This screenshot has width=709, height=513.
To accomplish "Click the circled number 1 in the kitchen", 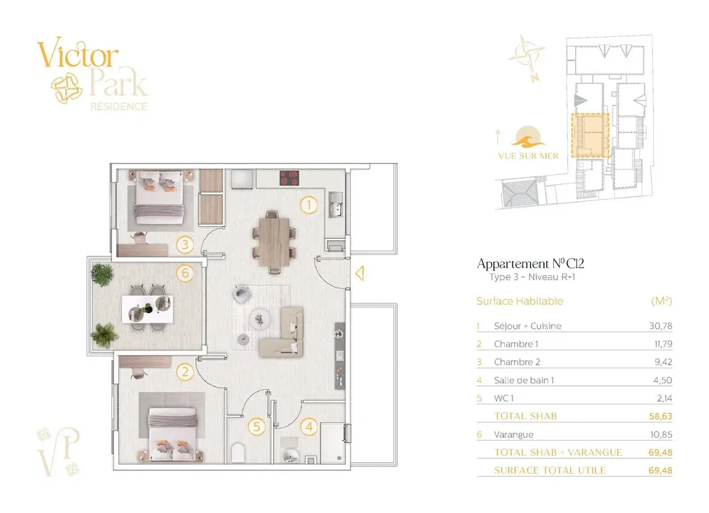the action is click(x=309, y=205).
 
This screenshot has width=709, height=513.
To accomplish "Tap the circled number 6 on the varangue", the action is click(x=185, y=273).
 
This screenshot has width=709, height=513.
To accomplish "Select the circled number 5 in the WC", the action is click(x=257, y=427).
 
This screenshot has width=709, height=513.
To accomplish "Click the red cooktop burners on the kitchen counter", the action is click(x=289, y=178).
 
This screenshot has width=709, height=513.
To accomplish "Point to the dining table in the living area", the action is click(x=274, y=242).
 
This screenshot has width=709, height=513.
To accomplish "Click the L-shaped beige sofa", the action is click(x=285, y=332).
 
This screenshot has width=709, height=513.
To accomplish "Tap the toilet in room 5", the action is click(x=238, y=453).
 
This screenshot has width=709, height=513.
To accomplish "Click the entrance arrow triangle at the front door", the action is click(x=360, y=274).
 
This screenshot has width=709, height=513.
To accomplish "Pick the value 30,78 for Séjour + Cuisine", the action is click(x=661, y=326).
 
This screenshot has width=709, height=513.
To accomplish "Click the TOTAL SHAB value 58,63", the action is click(x=661, y=416).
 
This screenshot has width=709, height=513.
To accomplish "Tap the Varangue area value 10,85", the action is click(x=661, y=434).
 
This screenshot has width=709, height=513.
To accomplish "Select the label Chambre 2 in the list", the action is click(x=517, y=362).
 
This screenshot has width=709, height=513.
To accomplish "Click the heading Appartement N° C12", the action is click(x=530, y=264).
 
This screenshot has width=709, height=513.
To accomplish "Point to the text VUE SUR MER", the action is click(x=528, y=156).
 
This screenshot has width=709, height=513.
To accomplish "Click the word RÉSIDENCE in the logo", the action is click(x=119, y=107).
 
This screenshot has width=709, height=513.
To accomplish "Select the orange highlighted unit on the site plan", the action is click(x=590, y=135).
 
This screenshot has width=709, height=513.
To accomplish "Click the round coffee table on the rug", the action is click(x=260, y=319).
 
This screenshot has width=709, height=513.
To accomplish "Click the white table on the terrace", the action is click(x=147, y=309).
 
